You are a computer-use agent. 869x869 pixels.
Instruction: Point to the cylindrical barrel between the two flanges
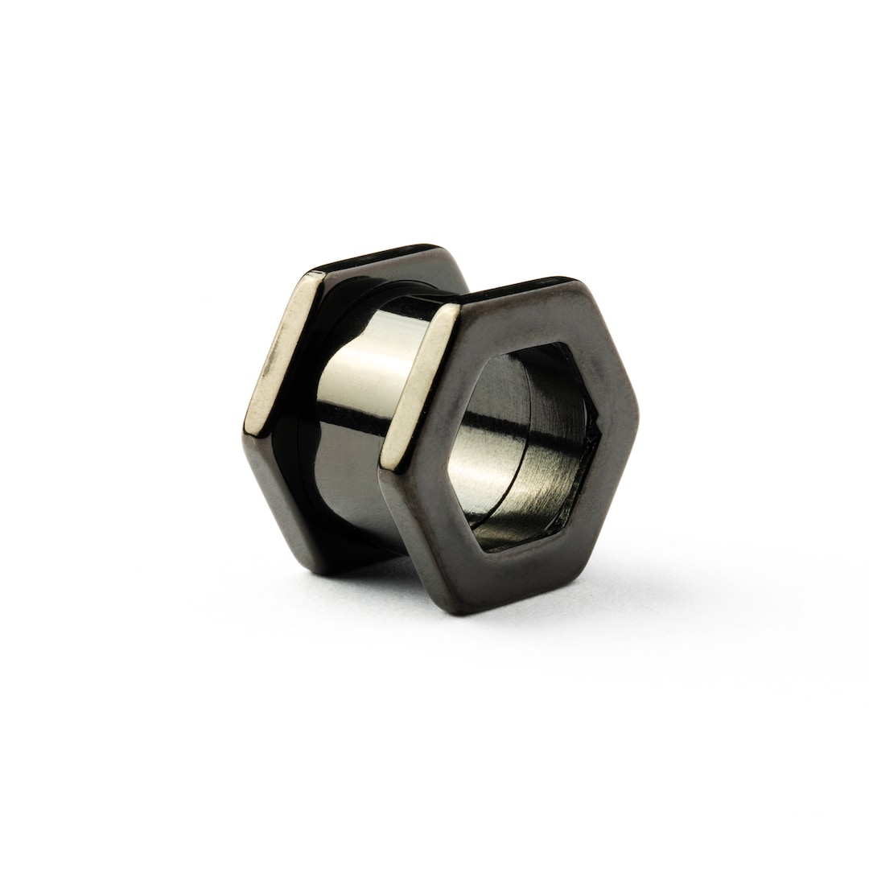(362, 402)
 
